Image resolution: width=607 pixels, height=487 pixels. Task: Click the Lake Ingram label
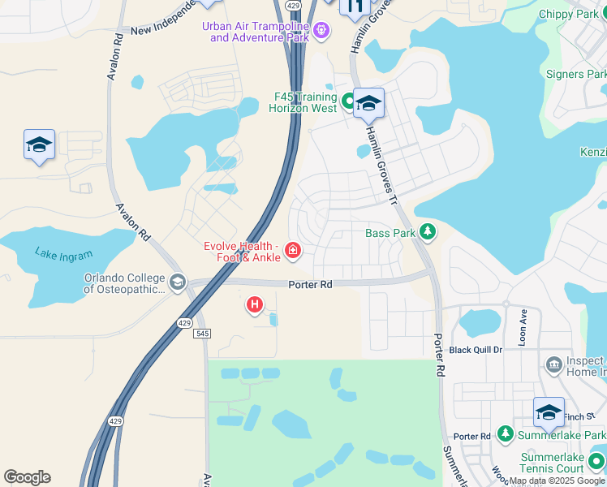[x=63, y=254]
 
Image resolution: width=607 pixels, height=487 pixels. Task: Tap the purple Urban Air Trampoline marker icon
[x=322, y=31]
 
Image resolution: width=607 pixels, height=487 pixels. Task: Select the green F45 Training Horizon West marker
[x=348, y=101]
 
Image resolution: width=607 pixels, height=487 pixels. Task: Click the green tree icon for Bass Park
[x=428, y=233]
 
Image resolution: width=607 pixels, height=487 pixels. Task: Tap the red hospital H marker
[x=255, y=305]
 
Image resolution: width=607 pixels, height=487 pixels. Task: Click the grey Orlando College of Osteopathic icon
[x=177, y=282]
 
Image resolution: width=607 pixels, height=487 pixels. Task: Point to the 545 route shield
[x=203, y=333]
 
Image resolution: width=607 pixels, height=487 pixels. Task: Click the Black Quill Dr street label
[x=476, y=350]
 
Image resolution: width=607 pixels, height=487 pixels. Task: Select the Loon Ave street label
[x=523, y=326]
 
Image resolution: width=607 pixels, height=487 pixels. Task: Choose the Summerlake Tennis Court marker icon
[x=596, y=463]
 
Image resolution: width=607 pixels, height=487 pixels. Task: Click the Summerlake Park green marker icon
[x=505, y=436]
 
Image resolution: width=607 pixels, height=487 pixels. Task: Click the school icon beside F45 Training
[x=368, y=102]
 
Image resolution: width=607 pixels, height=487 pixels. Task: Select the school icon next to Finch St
[x=549, y=412]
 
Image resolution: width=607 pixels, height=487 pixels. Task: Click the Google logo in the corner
[x=27, y=477]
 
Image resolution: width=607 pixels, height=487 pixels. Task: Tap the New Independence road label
[x=163, y=19]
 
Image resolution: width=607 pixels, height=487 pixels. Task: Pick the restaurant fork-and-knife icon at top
[x=355, y=6]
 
